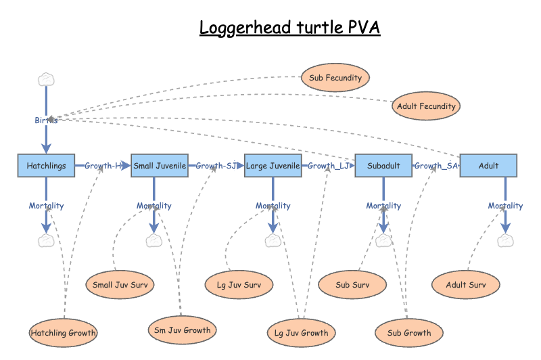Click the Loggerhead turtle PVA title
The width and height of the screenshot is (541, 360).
tap(289, 28)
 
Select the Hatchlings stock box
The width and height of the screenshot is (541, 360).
tap(46, 166)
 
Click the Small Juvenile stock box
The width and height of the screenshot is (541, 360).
tap(159, 166)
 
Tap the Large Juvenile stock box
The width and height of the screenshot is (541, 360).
tap(273, 166)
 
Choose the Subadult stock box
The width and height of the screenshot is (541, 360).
tap(383, 166)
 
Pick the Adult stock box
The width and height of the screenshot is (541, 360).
tap(488, 166)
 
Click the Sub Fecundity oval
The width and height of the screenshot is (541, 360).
tap(335, 78)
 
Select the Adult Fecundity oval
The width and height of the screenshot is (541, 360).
tap(426, 106)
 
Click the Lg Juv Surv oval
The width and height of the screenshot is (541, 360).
tap(239, 285)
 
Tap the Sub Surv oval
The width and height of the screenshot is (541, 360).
tap(352, 285)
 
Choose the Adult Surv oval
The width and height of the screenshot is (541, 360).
tap(466, 285)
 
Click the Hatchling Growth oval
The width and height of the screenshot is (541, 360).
tap(64, 333)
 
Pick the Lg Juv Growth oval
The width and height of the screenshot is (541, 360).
tap(302, 333)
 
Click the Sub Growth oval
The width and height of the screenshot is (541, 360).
tap(409, 333)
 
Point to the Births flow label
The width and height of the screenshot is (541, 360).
tap(46, 120)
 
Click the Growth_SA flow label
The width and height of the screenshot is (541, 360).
tap(436, 166)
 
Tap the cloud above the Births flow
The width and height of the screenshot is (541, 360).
tap(46, 80)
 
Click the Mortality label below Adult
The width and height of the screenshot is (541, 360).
tap(505, 206)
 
